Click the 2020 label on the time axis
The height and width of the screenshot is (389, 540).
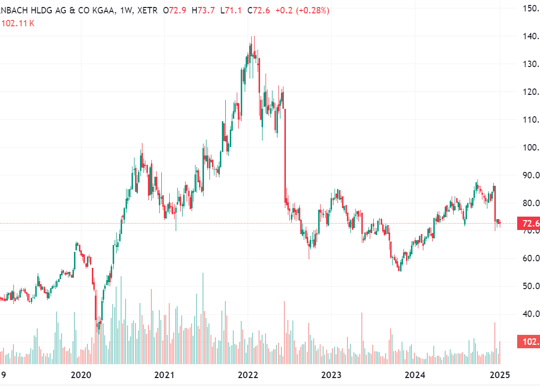[81, 374]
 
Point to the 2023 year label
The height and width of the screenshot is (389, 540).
[331, 374]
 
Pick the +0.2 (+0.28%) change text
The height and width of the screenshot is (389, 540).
[303, 10]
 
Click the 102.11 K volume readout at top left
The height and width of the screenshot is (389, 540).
[18, 23]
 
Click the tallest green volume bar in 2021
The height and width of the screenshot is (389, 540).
[203, 318]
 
